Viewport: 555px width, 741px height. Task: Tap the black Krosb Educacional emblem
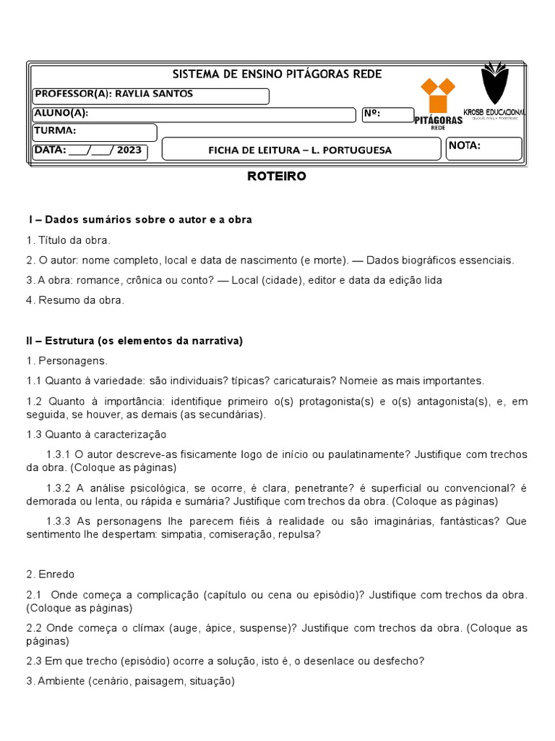(x=494, y=84)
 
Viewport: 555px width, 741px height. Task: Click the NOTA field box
(x=483, y=148)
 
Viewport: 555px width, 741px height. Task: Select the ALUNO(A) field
(x=194, y=114)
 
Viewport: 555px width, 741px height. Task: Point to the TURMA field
(x=95, y=132)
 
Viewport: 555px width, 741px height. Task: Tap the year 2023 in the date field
(x=129, y=151)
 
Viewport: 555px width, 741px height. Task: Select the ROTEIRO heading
(x=277, y=176)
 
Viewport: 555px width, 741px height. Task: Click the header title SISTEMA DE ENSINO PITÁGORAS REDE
(x=277, y=75)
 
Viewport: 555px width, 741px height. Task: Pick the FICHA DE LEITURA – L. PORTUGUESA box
(x=300, y=150)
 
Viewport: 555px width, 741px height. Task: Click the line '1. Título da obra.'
(x=69, y=240)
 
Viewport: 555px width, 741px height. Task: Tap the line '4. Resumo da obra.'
(x=75, y=300)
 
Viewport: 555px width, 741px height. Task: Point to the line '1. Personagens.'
(x=66, y=360)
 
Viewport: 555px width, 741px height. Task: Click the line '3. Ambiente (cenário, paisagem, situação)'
(x=131, y=681)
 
